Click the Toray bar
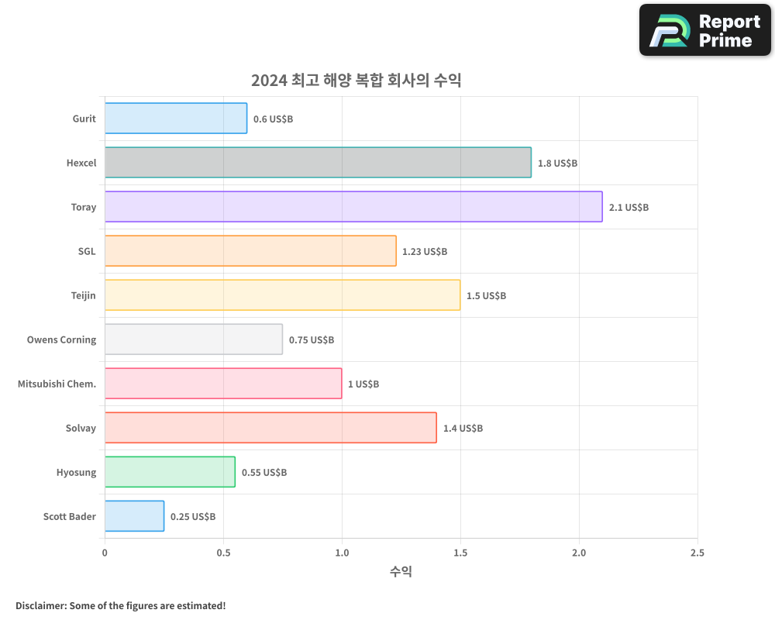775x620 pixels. (x=353, y=207)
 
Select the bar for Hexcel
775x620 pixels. (x=318, y=163)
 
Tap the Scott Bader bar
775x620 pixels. (x=134, y=516)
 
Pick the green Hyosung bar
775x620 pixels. (x=170, y=472)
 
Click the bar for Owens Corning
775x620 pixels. (x=194, y=339)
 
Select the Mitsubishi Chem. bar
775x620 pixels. (x=223, y=384)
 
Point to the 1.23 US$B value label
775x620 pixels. (x=425, y=252)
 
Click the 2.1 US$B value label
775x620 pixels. (x=629, y=208)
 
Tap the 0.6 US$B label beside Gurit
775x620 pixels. (x=273, y=119)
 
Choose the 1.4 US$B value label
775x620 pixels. (x=463, y=429)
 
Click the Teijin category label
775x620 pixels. (x=83, y=295)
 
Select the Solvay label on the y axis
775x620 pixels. (x=81, y=428)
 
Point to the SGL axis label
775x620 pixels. (x=87, y=251)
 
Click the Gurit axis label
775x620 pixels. (x=84, y=119)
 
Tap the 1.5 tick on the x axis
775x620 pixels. (x=460, y=553)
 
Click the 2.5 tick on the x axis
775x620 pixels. (x=697, y=553)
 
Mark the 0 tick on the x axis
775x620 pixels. (x=105, y=553)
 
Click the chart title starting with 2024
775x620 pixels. (x=356, y=81)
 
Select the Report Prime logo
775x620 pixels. (x=704, y=30)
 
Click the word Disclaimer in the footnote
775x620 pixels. (x=40, y=605)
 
